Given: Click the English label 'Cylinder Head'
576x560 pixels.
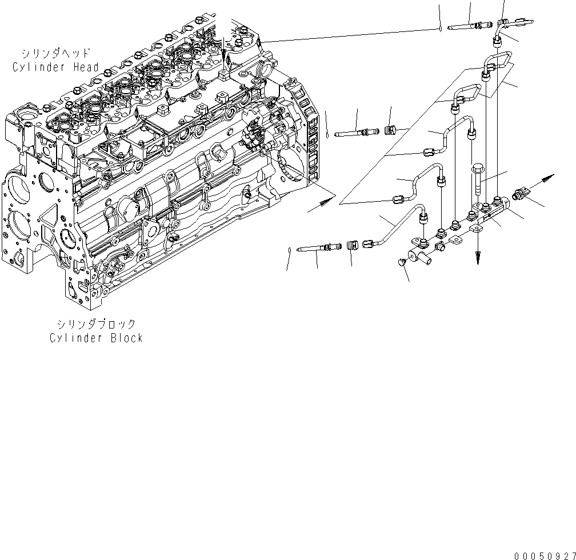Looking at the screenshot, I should [55, 67].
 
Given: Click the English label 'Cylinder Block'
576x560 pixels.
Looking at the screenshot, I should [95, 338].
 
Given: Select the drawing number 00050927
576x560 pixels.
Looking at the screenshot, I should [543, 555].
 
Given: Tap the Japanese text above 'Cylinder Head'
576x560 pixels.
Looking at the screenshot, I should [55, 54].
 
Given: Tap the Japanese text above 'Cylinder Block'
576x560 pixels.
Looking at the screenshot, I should [95, 325].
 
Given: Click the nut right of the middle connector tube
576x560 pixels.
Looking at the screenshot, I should [391, 131].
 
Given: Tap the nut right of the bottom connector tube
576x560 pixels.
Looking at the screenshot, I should [352, 246].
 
